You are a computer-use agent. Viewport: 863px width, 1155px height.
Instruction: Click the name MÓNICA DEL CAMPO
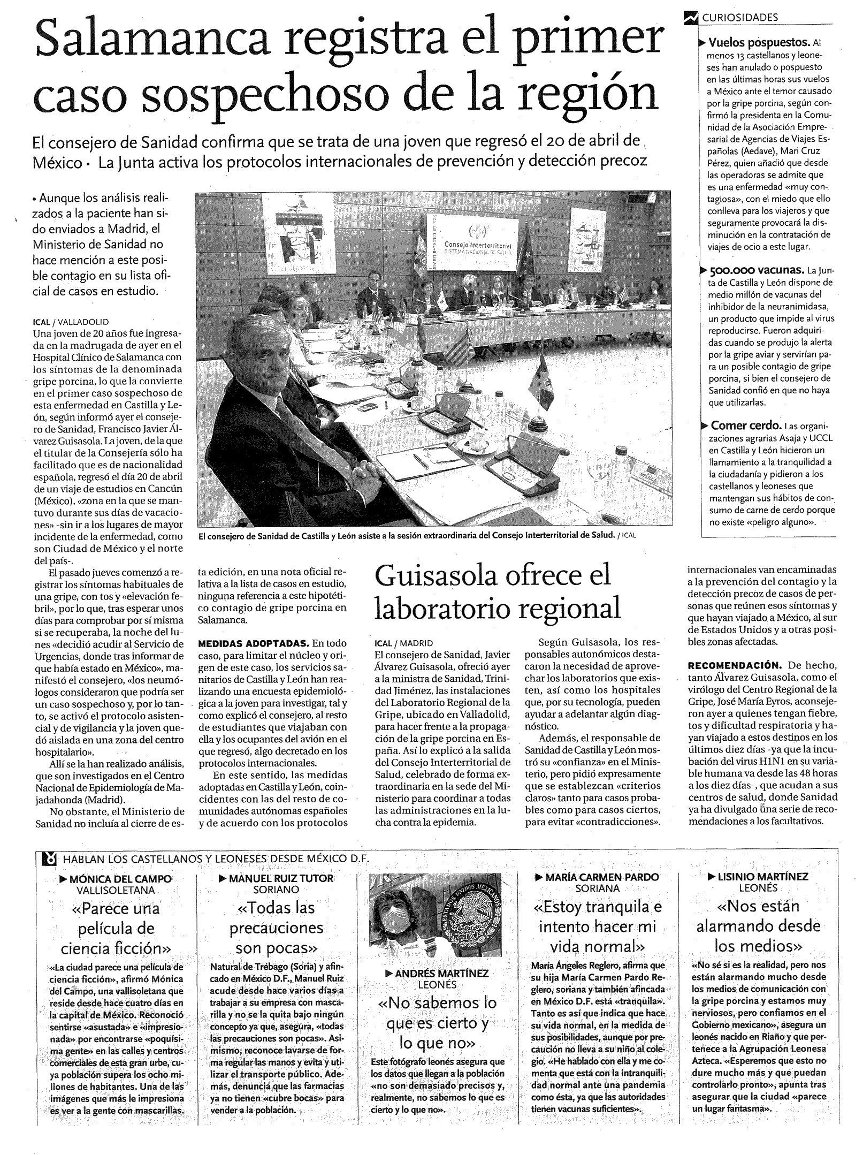coord(120,879)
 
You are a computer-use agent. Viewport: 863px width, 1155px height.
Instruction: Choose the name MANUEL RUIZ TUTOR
coord(281,878)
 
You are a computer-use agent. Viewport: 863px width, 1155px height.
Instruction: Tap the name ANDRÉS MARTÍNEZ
coord(441,974)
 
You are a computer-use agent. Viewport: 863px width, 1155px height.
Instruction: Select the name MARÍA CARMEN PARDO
coord(602,877)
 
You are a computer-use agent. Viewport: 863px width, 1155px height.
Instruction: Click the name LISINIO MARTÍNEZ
coord(763,877)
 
